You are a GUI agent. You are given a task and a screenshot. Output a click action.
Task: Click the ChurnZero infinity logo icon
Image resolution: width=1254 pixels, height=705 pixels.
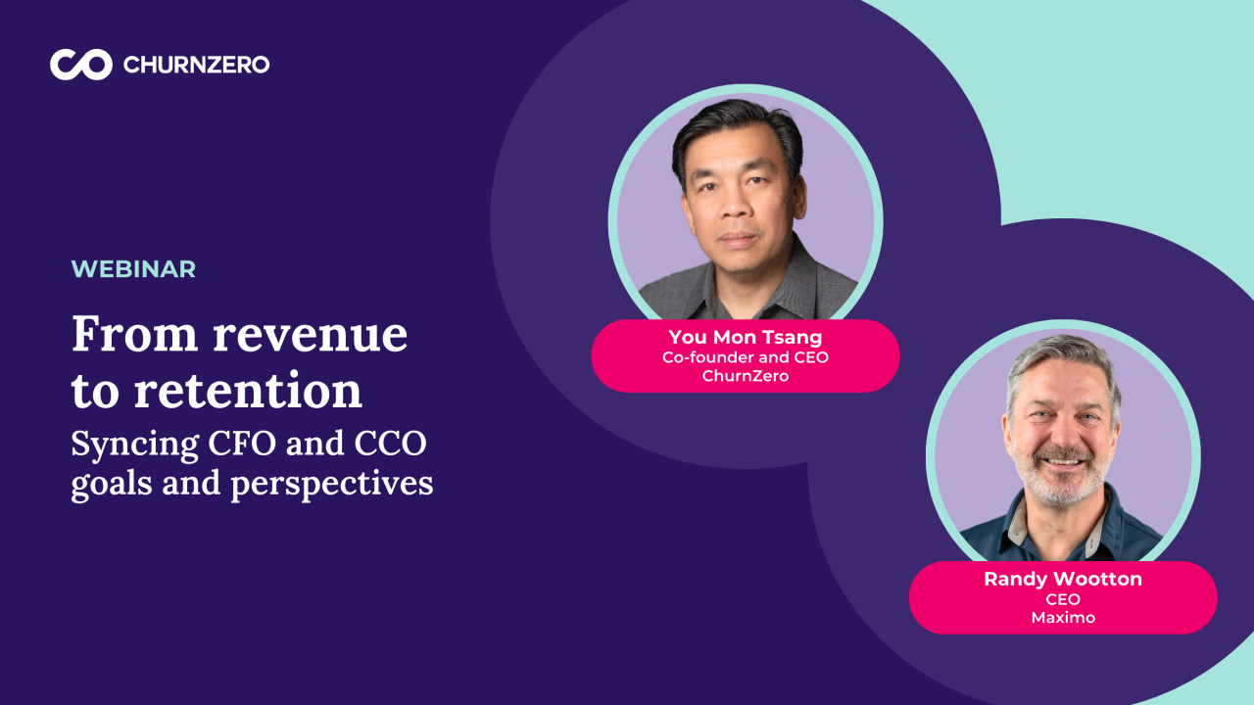tap(81, 65)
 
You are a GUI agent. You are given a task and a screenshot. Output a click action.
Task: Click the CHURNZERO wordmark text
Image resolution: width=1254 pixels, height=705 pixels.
tap(196, 66)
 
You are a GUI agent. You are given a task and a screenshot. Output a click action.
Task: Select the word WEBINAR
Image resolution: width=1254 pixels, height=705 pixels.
tap(133, 269)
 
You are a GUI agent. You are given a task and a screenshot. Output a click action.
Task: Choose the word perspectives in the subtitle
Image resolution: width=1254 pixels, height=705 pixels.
tap(332, 484)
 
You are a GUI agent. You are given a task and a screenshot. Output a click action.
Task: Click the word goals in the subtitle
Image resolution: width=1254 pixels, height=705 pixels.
tap(112, 484)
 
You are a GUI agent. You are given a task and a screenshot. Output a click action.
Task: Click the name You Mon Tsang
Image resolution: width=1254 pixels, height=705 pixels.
tap(745, 339)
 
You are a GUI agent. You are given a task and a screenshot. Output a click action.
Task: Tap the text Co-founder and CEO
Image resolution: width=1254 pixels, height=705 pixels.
tap(745, 357)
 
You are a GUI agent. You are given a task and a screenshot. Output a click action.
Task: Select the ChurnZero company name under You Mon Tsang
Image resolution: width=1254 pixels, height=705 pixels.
tap(745, 376)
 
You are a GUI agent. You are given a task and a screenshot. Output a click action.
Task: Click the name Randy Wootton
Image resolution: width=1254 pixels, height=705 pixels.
tap(1063, 580)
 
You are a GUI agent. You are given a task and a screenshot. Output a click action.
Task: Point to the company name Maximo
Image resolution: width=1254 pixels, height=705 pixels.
tap(1063, 618)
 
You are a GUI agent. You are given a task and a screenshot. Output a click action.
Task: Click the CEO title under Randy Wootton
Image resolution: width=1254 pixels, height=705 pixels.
tap(1063, 599)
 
